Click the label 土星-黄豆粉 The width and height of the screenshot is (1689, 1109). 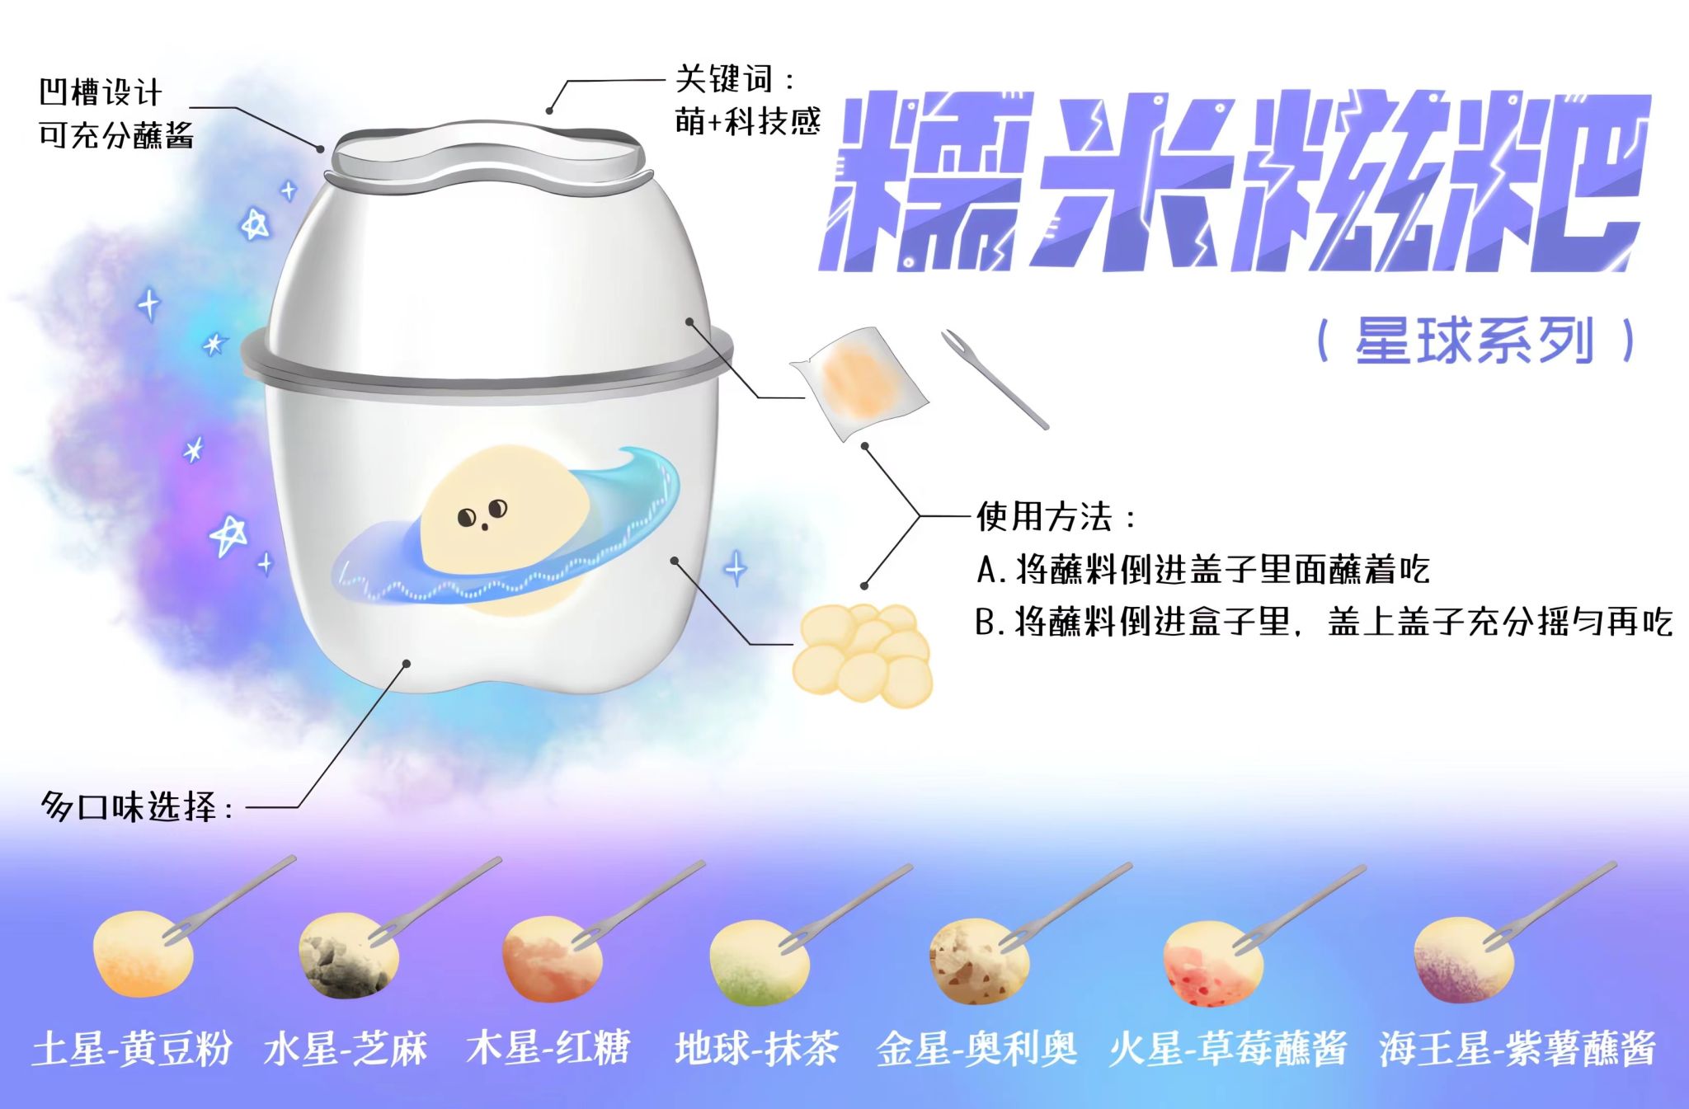(x=132, y=1049)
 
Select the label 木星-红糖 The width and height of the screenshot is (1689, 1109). (x=548, y=1049)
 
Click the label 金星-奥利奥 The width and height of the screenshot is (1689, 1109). (x=976, y=1049)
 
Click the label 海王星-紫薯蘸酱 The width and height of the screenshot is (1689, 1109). (x=1517, y=1049)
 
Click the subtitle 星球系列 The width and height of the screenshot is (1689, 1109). (x=1475, y=341)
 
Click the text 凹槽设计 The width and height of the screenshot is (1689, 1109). (x=101, y=92)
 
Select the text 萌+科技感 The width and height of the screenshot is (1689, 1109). (x=747, y=122)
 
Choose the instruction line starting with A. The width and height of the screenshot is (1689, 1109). (x=1202, y=570)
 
